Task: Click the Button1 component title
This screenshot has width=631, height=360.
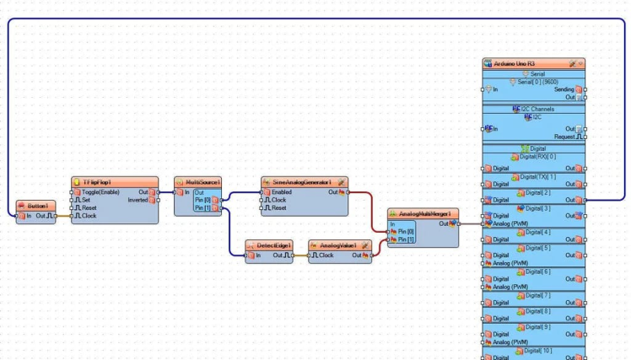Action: (x=37, y=206)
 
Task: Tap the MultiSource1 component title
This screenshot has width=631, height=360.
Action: (x=198, y=181)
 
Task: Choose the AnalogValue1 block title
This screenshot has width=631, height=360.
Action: (x=336, y=245)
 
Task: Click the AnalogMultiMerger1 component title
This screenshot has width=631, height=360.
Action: (x=423, y=213)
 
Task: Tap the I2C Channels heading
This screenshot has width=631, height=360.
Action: (x=533, y=110)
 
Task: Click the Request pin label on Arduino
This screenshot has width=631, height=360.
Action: (x=564, y=136)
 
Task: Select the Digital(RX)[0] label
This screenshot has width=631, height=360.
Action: (x=534, y=156)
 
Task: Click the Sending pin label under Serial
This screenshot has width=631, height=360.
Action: (x=564, y=89)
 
